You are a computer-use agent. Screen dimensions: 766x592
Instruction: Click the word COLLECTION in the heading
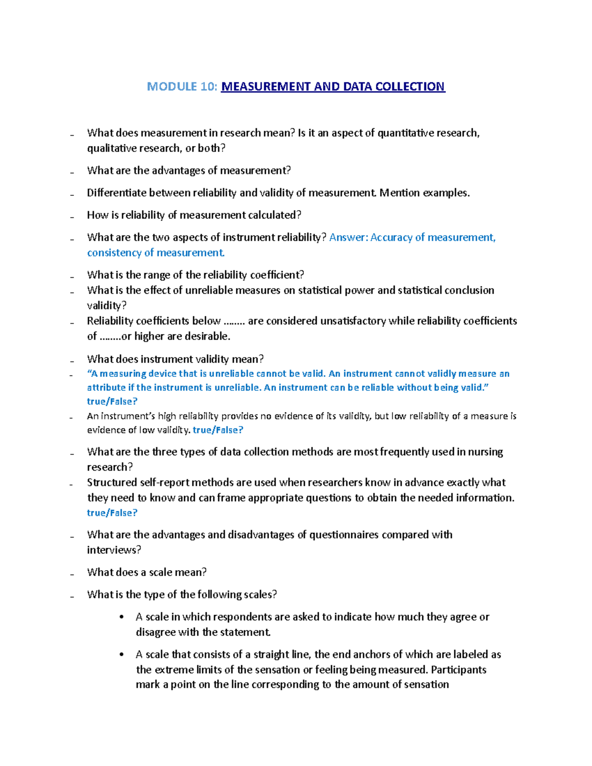click(x=410, y=87)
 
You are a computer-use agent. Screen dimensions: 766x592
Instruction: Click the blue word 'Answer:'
click(x=348, y=237)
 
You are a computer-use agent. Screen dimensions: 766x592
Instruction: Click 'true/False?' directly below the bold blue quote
click(x=112, y=401)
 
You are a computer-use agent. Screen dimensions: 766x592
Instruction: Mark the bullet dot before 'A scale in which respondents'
click(x=122, y=617)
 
